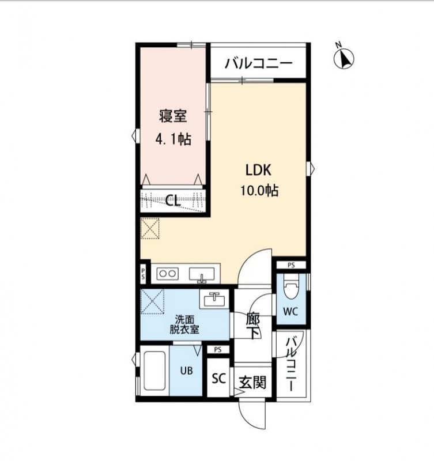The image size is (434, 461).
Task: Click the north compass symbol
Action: coord(344,58)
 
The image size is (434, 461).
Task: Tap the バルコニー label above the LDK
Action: coord(259,63)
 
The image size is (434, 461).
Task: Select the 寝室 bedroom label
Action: coord(173,116)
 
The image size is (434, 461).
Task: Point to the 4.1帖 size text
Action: coord(173,139)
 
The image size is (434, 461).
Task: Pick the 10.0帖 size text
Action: coord(259,191)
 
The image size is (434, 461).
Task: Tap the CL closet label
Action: coord(172,201)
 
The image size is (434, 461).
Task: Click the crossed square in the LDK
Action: coord(150,228)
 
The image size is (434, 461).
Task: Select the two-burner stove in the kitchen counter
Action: coord(167,273)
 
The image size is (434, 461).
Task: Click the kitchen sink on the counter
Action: coord(201,274)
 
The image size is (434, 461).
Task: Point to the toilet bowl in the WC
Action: coord(291,288)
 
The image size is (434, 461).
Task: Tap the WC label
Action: coord(290,313)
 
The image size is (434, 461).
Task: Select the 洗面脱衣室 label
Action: coord(184,325)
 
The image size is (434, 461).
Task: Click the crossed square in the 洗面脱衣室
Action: coord(153,300)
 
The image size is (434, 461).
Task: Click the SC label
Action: coord(218,379)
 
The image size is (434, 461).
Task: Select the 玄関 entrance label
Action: coord(253,381)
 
